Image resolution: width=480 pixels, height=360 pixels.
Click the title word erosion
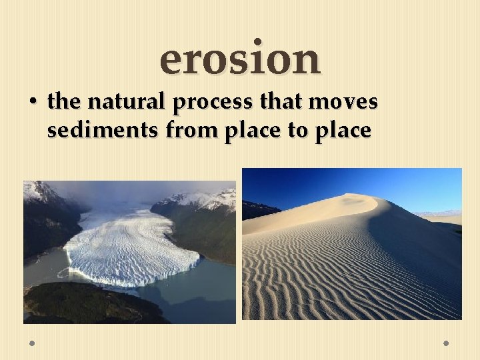click(240, 58)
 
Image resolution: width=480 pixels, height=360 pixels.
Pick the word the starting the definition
click(63, 102)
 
